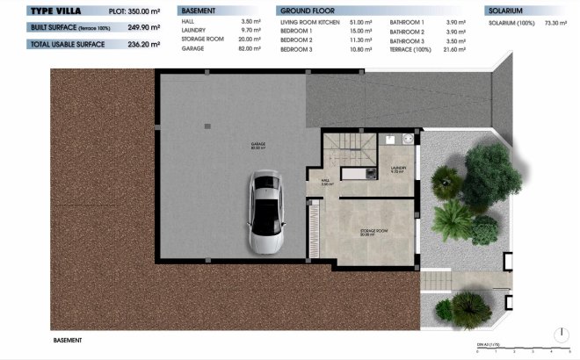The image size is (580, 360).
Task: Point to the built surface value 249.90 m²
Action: click(x=144, y=27)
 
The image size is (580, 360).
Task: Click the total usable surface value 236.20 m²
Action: click(x=144, y=43)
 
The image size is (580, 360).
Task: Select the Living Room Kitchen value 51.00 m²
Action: click(x=361, y=20)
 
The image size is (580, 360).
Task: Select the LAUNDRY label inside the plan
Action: click(x=397, y=168)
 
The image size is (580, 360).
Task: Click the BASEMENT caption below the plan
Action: click(x=68, y=340)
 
